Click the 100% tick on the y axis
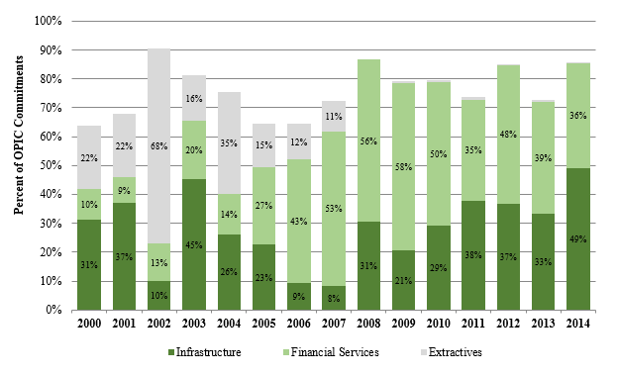[x=50, y=21]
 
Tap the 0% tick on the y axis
[x=55, y=310]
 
